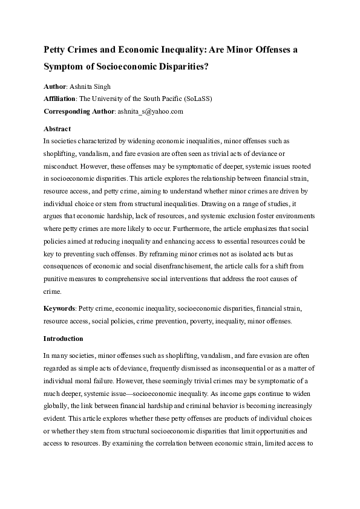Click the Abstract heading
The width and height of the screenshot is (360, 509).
point(57,129)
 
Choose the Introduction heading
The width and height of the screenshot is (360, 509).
point(64,338)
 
